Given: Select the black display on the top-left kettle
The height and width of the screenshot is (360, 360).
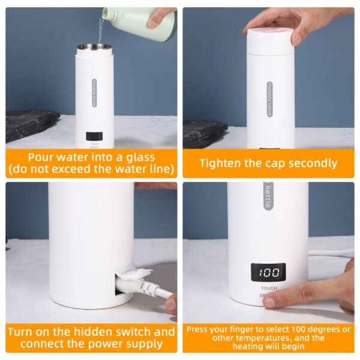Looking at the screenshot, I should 94,137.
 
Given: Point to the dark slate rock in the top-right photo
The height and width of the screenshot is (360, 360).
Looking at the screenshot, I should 205,133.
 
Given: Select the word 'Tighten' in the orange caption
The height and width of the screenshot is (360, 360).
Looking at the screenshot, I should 219,163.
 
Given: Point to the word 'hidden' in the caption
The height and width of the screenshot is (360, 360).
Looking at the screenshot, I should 86,331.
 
